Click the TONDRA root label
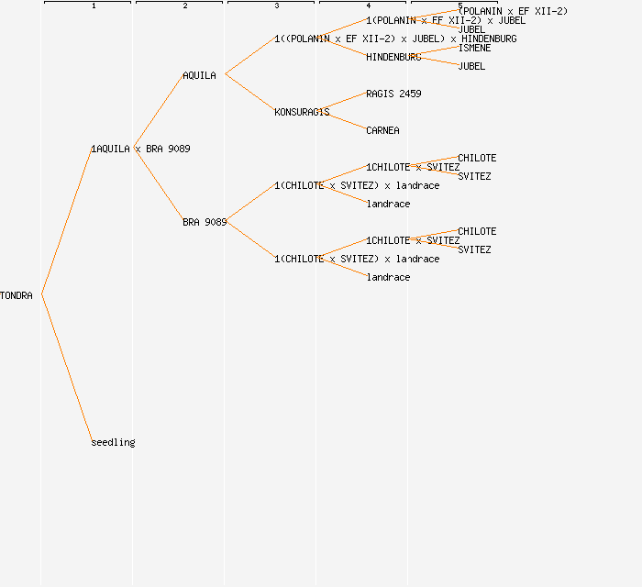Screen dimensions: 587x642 pos(17,295)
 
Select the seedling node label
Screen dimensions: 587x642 pos(113,442)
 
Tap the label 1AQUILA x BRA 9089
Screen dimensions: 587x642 pos(140,149)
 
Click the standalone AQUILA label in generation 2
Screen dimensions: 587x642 pos(199,75)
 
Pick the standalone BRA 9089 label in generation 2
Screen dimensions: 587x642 pos(205,222)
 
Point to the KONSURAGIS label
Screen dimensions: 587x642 pos(302,112)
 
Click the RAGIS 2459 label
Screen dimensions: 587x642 pos(393,94)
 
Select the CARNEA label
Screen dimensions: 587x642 pos(382,130)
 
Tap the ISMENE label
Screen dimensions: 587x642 pos(474,48)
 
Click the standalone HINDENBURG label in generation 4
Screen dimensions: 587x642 pos(393,57)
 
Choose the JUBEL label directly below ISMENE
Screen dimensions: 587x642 pos(471,66)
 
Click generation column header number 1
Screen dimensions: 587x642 pos(93,6)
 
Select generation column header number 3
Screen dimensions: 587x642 pos(276,6)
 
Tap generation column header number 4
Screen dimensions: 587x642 pos(368,6)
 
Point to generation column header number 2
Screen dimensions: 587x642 pos(184,6)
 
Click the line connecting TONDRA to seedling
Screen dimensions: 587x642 pos(67,369)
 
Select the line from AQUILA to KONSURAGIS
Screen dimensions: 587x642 pos(250,94)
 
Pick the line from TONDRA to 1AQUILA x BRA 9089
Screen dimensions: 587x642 pos(67,221)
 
